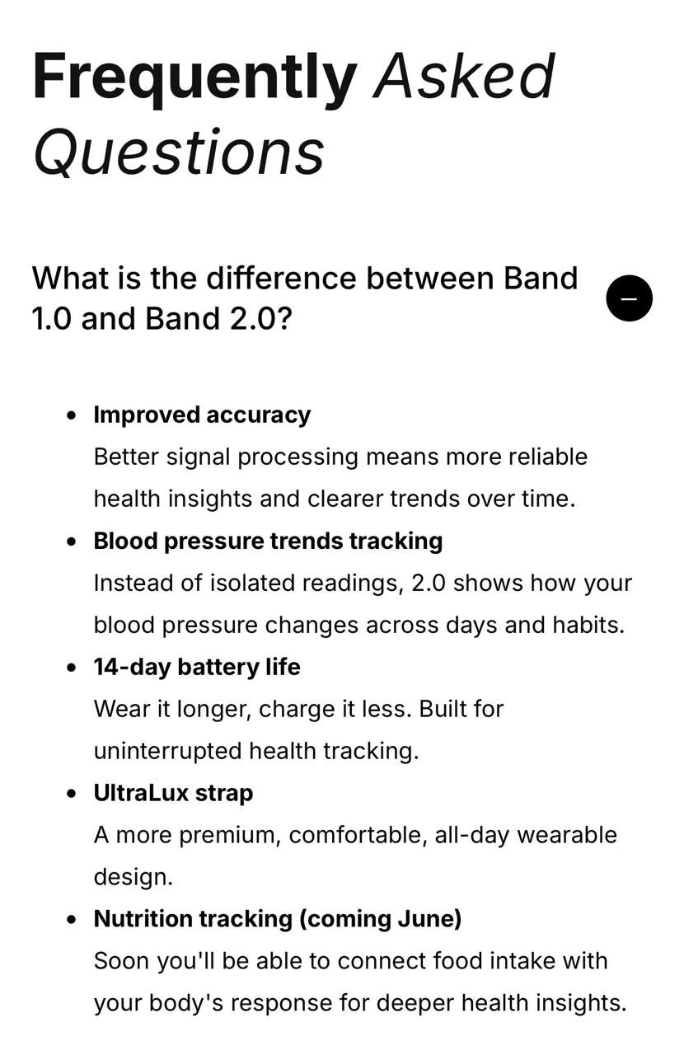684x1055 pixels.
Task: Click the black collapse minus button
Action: pos(629,298)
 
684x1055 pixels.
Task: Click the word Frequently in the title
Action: pos(194,77)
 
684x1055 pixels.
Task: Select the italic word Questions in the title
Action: pos(179,152)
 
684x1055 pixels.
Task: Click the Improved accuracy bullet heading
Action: pos(202,415)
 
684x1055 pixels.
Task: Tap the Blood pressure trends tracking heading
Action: pos(268,542)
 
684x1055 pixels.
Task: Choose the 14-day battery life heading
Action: pos(197,668)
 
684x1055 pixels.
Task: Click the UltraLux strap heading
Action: pos(173,793)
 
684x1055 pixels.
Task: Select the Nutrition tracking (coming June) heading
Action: pos(278,919)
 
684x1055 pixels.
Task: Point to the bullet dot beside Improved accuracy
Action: pos(72,416)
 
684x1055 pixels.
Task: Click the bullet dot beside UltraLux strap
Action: pos(72,794)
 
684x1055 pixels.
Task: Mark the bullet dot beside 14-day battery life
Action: pos(72,668)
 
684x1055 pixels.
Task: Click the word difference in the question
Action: pos(281,278)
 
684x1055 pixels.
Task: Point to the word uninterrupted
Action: pos(167,751)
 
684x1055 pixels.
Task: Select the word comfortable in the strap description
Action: pos(358,835)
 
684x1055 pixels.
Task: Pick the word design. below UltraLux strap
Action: pos(134,877)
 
